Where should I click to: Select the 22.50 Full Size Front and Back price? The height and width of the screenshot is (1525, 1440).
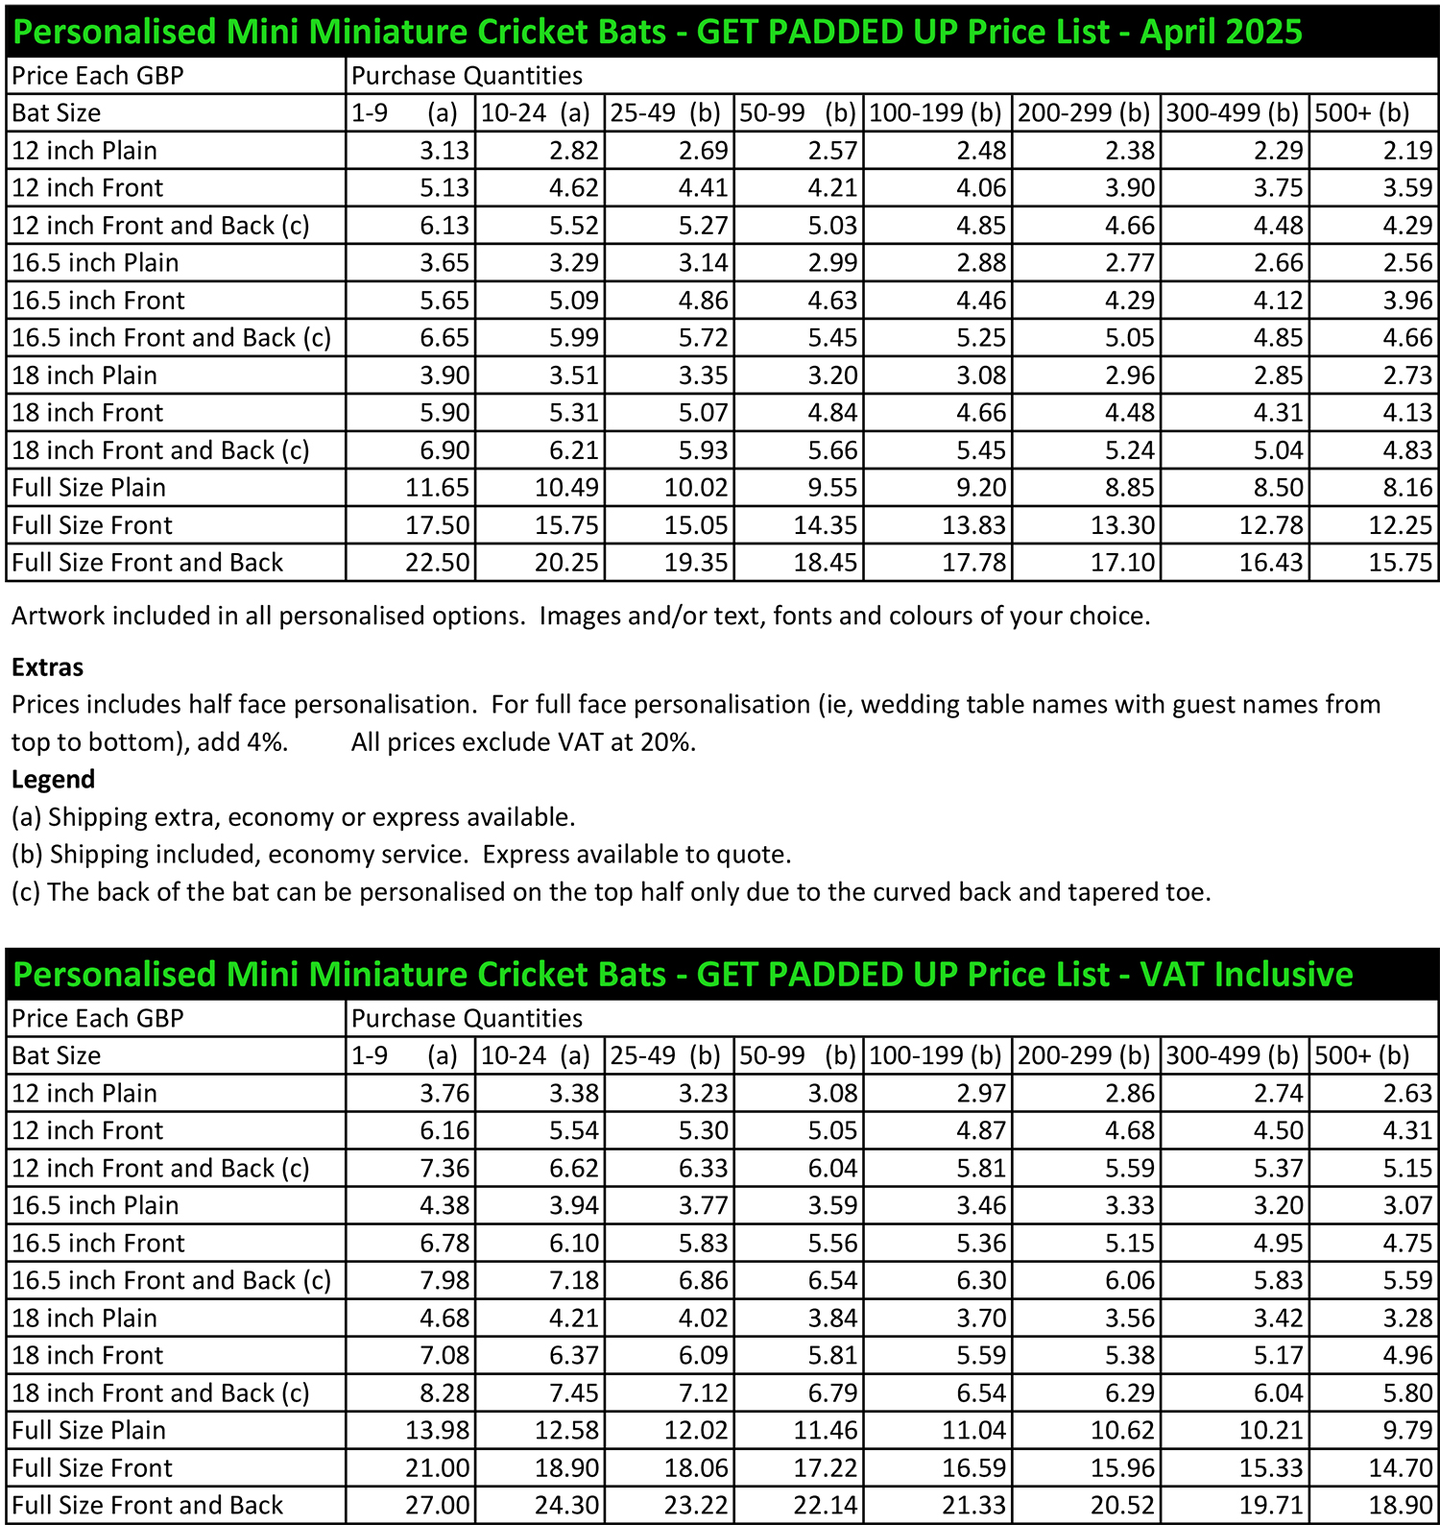point(438,563)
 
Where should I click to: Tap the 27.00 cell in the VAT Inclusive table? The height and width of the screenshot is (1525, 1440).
point(438,1505)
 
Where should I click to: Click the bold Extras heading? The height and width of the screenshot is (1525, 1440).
point(47,667)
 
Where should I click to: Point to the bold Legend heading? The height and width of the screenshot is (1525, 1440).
point(53,779)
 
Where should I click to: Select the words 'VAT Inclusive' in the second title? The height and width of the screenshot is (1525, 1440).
point(1246,975)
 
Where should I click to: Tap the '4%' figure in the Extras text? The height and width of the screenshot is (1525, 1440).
point(271,742)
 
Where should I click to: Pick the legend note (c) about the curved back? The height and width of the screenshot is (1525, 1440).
point(611,892)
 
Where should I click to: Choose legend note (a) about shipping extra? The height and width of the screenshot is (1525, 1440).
point(293,817)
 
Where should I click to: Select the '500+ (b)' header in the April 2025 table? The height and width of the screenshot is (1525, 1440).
point(1361,113)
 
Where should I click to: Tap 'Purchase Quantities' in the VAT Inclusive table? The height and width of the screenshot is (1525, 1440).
point(467,1018)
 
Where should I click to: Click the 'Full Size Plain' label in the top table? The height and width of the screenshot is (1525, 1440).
point(88,488)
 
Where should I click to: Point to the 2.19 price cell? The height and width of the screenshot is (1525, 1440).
point(1407,151)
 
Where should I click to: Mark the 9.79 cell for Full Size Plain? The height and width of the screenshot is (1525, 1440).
point(1407,1430)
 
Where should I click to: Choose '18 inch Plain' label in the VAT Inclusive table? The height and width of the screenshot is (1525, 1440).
point(84,1318)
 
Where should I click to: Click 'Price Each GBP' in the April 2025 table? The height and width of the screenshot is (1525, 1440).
point(97,76)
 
